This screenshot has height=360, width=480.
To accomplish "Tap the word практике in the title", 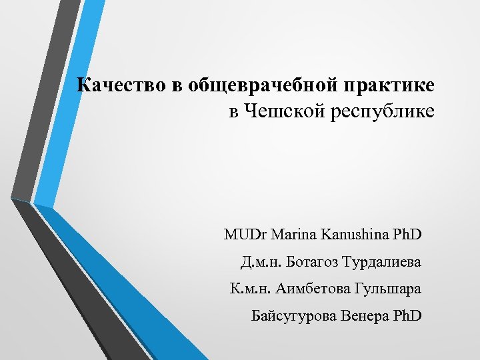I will (x=396, y=86).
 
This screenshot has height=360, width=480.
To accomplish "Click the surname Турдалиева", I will (x=383, y=263).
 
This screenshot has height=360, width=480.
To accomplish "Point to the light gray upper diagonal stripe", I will (x=37, y=100).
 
